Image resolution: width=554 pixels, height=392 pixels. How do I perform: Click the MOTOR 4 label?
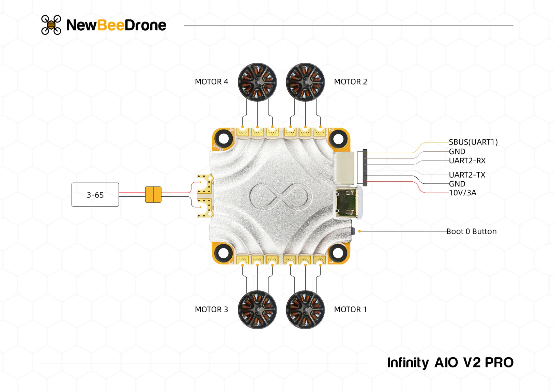[211, 82]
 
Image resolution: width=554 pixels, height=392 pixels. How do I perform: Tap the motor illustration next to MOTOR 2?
[305, 82]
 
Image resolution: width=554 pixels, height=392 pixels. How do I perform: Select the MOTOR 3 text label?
[211, 310]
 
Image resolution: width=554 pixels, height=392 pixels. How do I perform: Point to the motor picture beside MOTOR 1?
[305, 310]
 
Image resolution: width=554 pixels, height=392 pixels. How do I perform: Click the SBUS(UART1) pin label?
[473, 142]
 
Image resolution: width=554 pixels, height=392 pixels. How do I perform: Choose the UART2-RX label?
[467, 161]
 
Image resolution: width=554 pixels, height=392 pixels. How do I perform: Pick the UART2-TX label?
[467, 175]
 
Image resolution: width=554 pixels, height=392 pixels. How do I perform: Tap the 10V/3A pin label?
[462, 193]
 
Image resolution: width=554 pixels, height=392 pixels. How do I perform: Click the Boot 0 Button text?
[471, 231]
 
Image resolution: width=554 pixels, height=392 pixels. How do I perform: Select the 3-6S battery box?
[95, 195]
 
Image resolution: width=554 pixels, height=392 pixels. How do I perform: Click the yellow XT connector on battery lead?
[153, 195]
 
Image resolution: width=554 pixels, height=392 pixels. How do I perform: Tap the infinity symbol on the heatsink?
[281, 196]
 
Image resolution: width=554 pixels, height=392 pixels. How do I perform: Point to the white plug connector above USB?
[343, 168]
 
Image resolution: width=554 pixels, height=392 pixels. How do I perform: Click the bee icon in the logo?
[51, 25]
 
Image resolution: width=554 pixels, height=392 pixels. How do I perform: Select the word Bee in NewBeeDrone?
[110, 25]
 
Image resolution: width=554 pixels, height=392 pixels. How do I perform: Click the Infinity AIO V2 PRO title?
[450, 363]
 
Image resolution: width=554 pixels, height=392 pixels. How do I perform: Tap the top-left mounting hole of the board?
[224, 139]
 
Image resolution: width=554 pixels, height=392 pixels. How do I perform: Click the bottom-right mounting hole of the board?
[338, 253]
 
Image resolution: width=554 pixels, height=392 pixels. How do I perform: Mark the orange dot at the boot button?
[359, 231]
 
